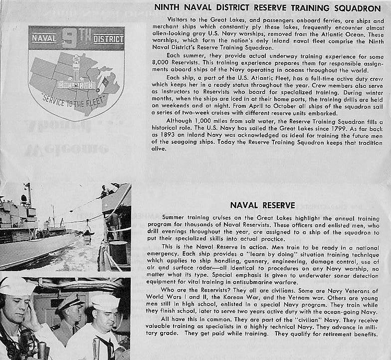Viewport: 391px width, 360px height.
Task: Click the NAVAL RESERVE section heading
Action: (262, 205)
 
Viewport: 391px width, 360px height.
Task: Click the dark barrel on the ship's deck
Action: (118, 252)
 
